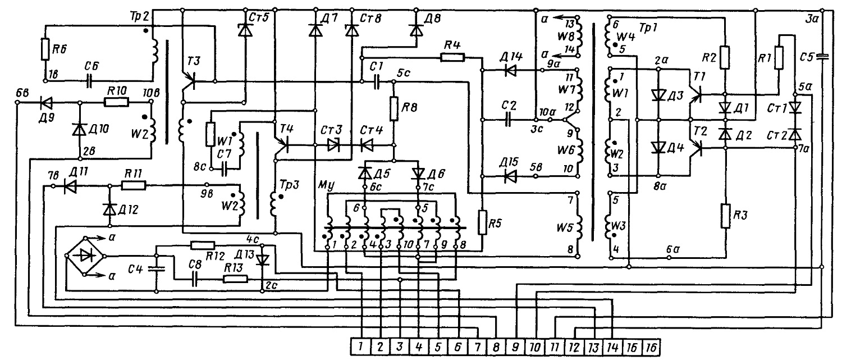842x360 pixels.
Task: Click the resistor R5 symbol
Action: coord(482,222)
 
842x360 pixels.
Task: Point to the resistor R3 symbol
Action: coord(725,216)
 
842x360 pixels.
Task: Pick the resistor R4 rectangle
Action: coord(452,57)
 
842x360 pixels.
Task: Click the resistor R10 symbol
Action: coord(116,102)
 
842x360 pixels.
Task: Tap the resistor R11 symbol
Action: coord(134,185)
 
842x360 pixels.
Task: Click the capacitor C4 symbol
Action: coord(157,268)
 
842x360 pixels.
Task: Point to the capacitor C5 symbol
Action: coord(821,57)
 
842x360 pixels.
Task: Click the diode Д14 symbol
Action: coord(510,70)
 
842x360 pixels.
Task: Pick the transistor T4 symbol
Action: coord(282,145)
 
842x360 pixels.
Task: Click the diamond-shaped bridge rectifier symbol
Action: coord(86,256)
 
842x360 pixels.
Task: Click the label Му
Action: coord(326,185)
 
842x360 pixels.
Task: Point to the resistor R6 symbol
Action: coord(45,49)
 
